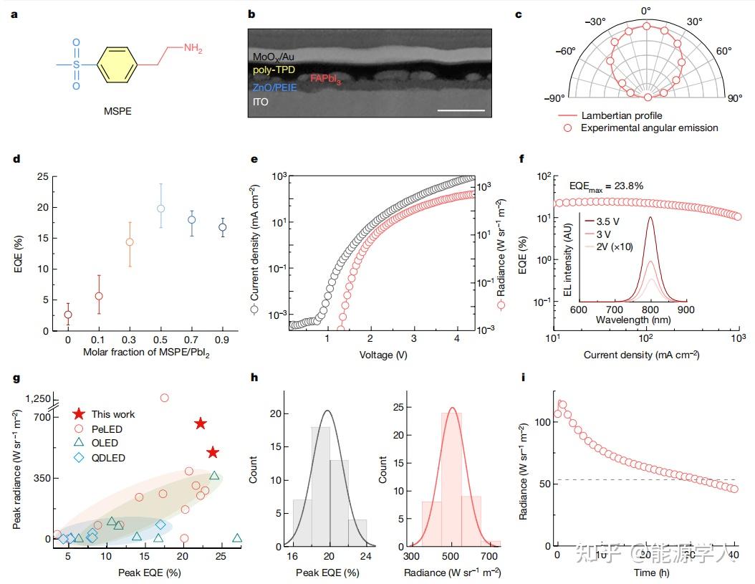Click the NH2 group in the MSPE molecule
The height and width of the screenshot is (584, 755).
coord(193,48)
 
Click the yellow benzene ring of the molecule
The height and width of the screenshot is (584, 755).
coord(115,64)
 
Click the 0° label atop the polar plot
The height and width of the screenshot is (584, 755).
coord(646,10)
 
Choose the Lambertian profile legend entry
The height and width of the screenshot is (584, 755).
coord(621,115)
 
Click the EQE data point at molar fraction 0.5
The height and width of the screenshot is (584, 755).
coord(161,209)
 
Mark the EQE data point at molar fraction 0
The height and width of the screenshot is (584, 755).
coord(68,315)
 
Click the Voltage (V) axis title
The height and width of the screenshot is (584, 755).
coord(379,354)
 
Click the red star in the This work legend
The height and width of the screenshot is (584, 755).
coord(81,414)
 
